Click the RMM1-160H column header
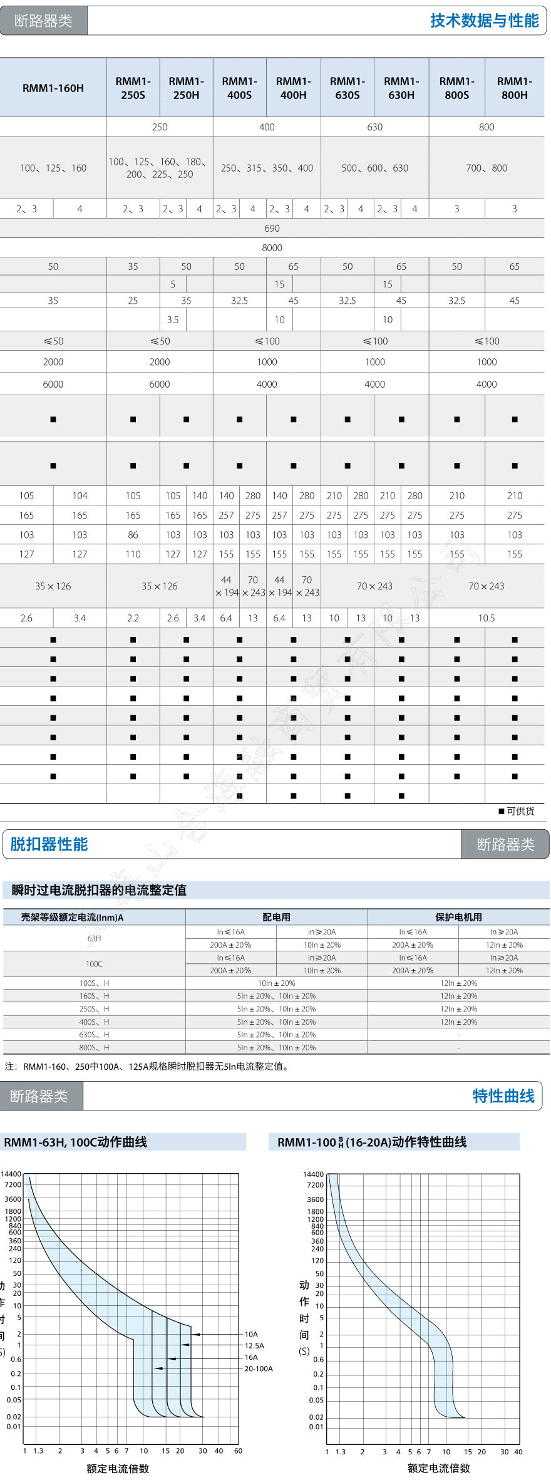point(53,88)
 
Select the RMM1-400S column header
point(240,88)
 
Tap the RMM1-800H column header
point(514,88)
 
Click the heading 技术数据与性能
point(484,21)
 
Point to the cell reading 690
point(272,228)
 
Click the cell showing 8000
point(272,247)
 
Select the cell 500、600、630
point(374,168)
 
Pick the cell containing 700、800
point(487,168)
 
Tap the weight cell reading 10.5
point(487,618)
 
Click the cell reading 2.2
point(133,618)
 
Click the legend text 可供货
point(520,811)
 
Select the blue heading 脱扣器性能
point(49,844)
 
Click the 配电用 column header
point(276,917)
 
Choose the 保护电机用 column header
point(458,917)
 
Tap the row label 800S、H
point(94,1047)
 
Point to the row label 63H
point(94,938)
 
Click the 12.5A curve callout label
point(254,1345)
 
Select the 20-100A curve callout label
point(259,1369)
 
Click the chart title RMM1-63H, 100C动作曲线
point(75,1142)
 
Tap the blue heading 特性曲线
point(503,1096)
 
